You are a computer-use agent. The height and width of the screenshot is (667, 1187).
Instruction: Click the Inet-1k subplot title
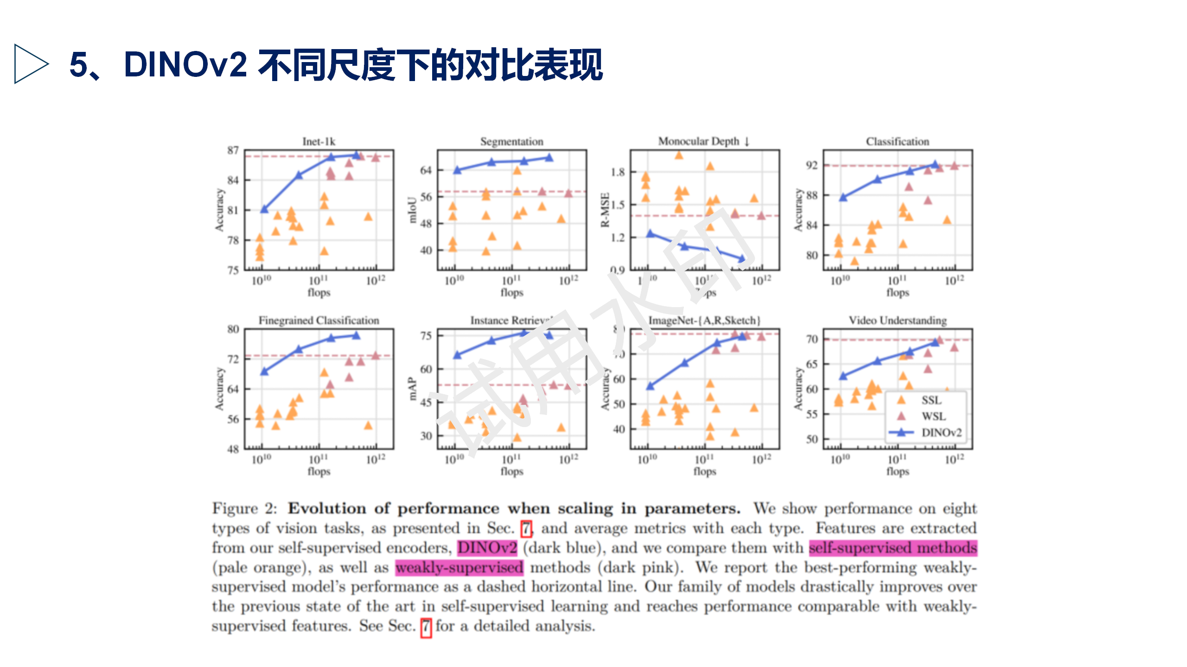click(319, 141)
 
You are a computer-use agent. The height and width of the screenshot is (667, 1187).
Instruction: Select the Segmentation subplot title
click(511, 141)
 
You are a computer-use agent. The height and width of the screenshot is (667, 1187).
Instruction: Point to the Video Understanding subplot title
click(897, 320)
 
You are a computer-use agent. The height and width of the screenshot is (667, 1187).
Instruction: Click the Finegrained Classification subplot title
click(319, 320)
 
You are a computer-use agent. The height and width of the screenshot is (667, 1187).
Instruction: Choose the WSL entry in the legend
click(932, 416)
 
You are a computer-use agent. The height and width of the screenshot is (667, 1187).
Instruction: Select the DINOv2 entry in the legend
click(941, 433)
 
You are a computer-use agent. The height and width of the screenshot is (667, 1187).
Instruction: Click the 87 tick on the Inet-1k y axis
click(233, 150)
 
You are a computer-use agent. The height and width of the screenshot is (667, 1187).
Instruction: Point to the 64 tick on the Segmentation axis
click(426, 170)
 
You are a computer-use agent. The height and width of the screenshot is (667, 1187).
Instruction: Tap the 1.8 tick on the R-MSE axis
click(618, 172)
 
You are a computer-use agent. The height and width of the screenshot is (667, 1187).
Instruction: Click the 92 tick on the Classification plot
click(811, 165)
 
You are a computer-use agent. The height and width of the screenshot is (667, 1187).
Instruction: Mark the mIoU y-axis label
click(412, 210)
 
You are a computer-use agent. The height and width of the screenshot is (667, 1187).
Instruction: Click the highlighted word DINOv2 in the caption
click(487, 548)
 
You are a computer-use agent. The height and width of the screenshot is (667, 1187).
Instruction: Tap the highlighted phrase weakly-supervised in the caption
click(459, 567)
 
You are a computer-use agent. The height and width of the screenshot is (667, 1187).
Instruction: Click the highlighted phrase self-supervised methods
click(893, 548)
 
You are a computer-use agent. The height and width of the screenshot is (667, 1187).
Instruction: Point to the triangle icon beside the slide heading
click(31, 64)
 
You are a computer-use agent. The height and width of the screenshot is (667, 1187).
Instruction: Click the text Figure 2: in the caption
click(244, 508)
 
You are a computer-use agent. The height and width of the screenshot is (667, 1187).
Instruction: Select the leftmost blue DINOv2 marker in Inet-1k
click(264, 209)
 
